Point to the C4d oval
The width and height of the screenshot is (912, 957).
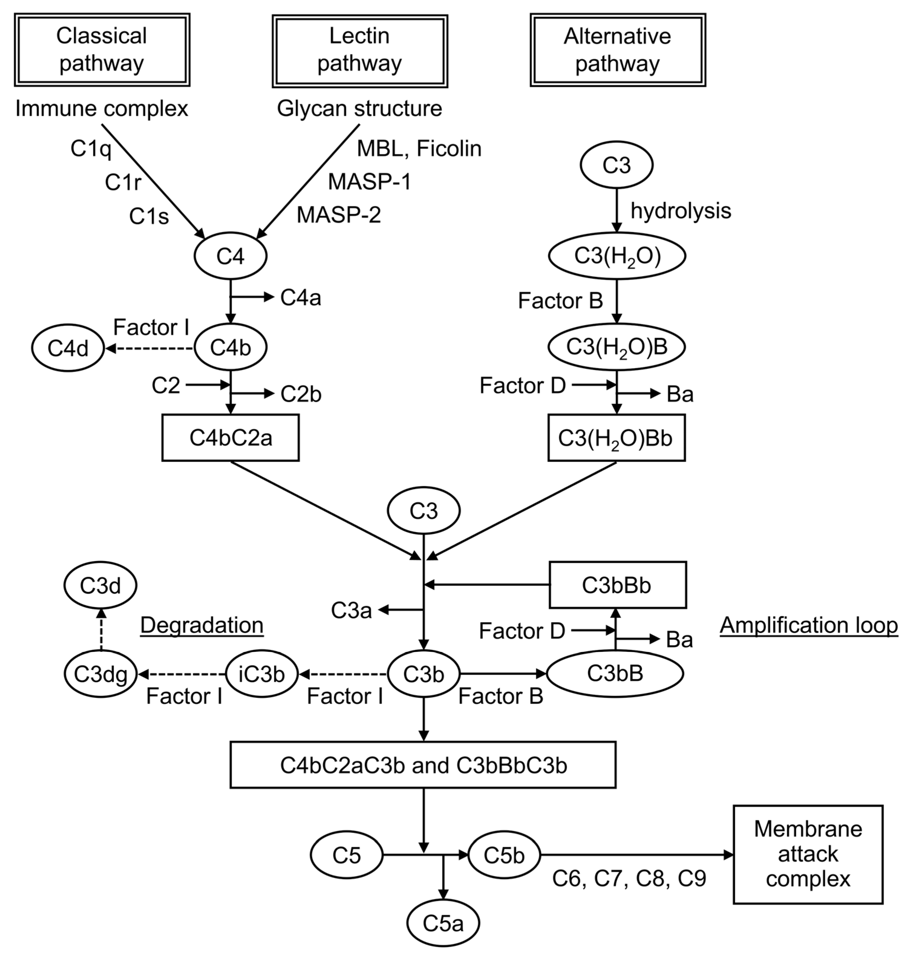pyautogui.click(x=68, y=348)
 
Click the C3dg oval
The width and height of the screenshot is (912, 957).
pyautogui.click(x=101, y=674)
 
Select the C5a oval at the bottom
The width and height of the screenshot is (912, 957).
pyautogui.click(x=443, y=923)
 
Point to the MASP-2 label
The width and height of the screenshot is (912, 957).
pyautogui.click(x=339, y=214)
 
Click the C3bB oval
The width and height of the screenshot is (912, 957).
pyautogui.click(x=615, y=674)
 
